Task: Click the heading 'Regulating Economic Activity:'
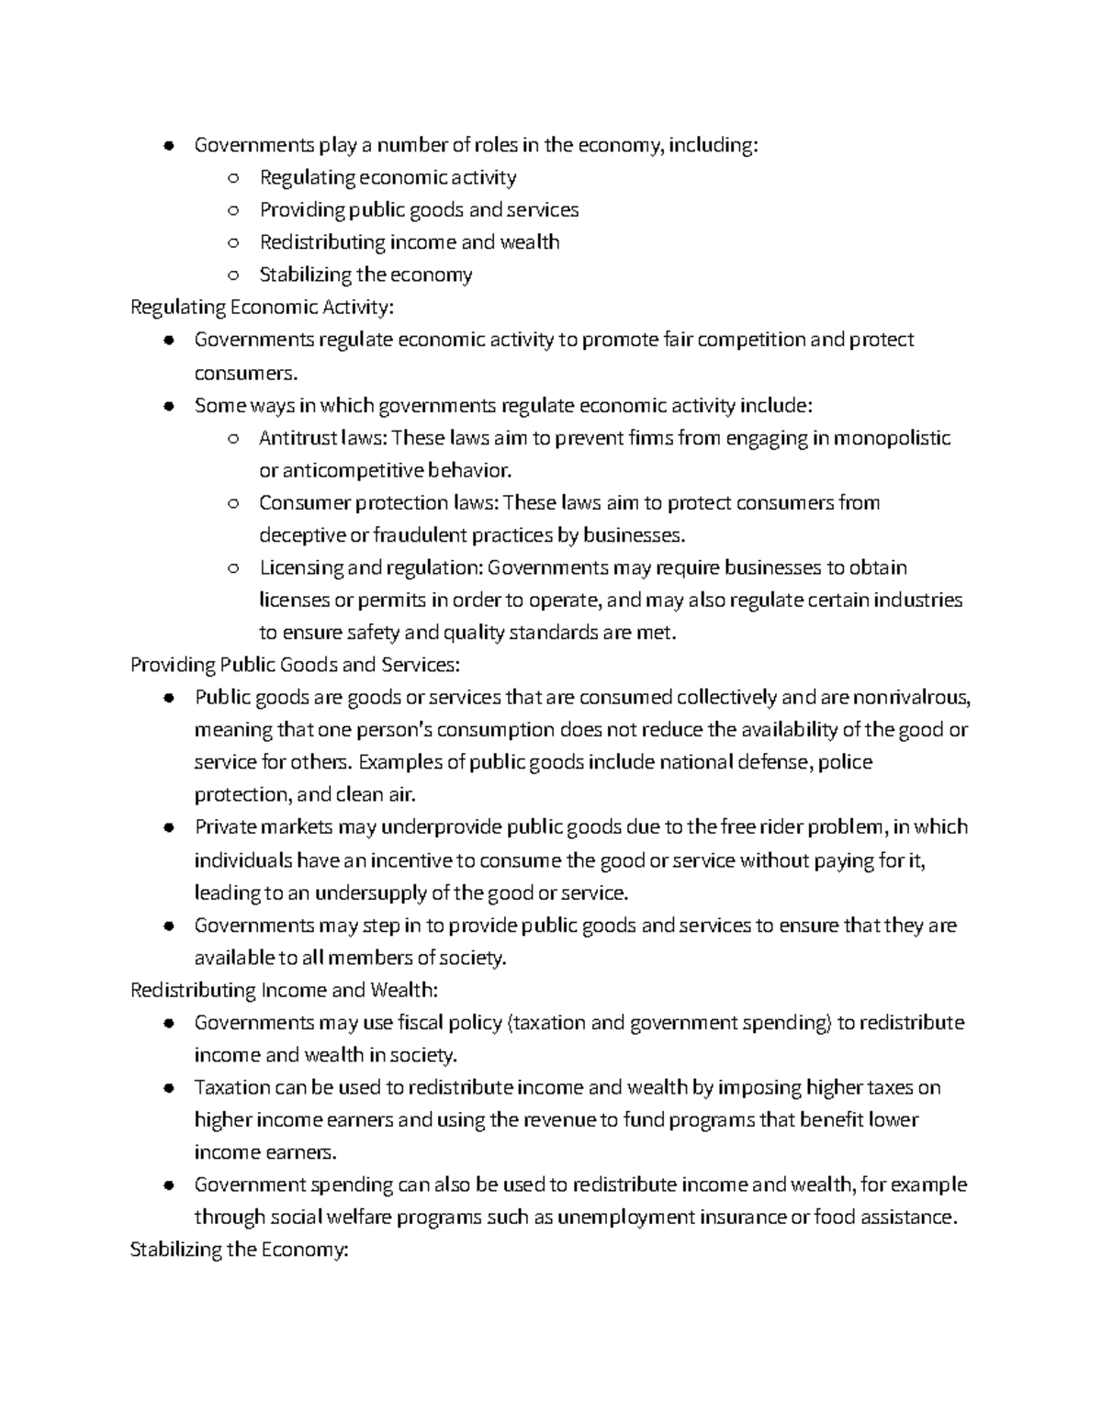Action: [x=262, y=307]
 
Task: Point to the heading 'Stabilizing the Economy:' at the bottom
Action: [x=240, y=1250]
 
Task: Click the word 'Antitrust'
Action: [x=297, y=438]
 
